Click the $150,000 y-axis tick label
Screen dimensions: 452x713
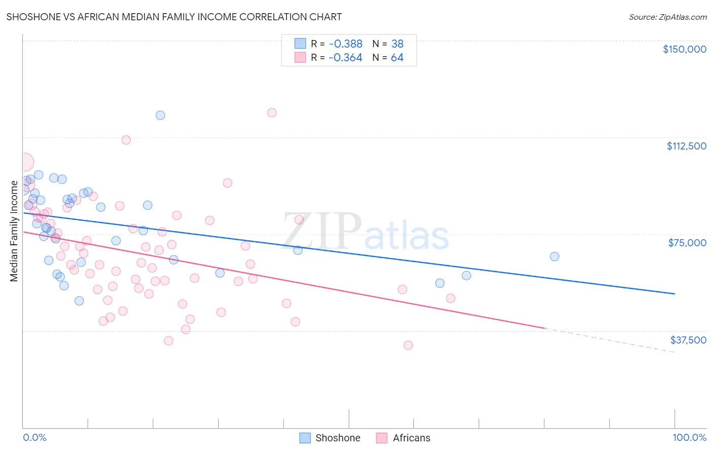tap(684, 49)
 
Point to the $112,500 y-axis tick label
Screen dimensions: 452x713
tap(686, 146)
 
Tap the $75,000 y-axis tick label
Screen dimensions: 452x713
tap(687, 243)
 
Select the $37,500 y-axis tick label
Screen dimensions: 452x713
tap(688, 340)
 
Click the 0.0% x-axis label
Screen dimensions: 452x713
tap(34, 438)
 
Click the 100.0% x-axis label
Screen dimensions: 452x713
tap(689, 438)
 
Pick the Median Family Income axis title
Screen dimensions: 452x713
tap(14, 231)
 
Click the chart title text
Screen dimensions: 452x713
tap(174, 17)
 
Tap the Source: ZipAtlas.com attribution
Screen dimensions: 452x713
tap(667, 17)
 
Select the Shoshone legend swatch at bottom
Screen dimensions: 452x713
tap(305, 438)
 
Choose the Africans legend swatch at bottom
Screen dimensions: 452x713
tap(382, 438)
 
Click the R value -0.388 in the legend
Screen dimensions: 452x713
tap(345, 44)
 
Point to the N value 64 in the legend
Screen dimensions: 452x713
tap(397, 58)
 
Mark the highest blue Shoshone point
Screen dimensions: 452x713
tap(160, 115)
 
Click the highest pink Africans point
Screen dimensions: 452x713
tap(272, 112)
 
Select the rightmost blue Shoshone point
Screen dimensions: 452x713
tap(554, 256)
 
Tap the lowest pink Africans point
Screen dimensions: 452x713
tap(408, 345)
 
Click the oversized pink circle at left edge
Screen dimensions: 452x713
tap(24, 162)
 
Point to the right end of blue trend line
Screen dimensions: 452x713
tap(674, 293)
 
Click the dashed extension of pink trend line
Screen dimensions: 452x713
tap(609, 340)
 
